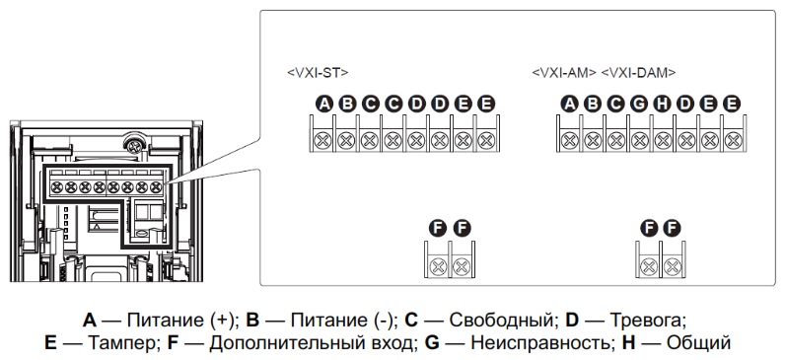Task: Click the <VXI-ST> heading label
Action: click(x=316, y=73)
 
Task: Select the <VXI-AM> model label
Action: click(x=564, y=73)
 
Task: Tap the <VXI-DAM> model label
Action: click(x=639, y=73)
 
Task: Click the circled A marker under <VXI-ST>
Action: click(x=322, y=104)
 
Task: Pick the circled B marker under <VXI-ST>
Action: click(x=345, y=104)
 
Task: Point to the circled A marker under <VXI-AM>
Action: click(x=569, y=104)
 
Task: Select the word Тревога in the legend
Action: click(x=647, y=321)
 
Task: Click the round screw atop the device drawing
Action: click(x=127, y=145)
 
